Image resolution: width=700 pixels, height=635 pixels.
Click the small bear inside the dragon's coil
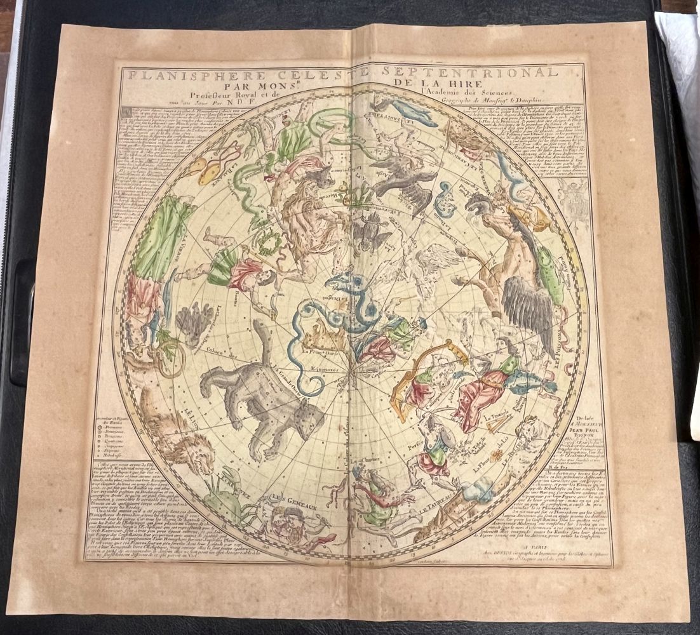pos(321,340)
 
